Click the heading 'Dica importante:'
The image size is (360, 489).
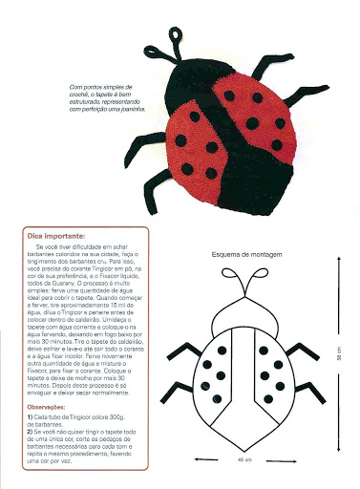(57, 235)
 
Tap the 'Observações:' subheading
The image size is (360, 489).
(49, 408)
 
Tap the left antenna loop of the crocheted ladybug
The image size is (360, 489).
(176, 37)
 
